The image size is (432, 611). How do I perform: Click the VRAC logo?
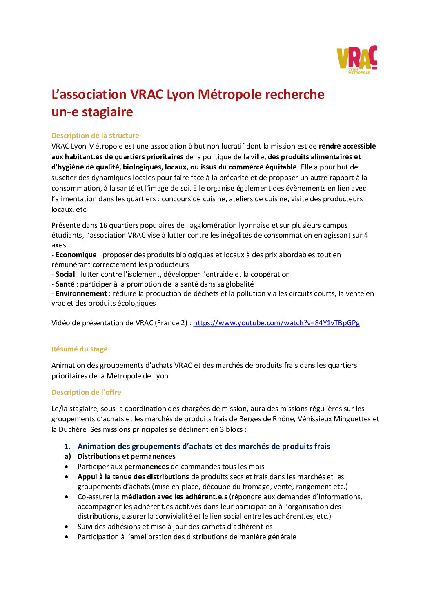356,60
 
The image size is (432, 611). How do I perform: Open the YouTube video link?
276,323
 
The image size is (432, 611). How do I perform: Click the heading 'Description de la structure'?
95,136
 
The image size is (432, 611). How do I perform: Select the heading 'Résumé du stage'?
80,349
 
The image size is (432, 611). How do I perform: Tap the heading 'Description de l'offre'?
86,392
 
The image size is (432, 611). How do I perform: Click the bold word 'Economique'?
76,255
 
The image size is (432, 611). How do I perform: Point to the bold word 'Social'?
65,274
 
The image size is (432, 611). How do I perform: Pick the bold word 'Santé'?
65,284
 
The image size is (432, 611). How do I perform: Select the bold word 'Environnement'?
81,293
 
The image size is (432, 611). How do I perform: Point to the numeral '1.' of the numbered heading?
68,447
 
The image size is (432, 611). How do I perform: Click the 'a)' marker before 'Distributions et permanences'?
68,456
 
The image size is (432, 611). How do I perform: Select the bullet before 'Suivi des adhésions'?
67,527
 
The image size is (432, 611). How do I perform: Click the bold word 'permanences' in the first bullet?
146,467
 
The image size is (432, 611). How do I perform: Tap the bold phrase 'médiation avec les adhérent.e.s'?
174,497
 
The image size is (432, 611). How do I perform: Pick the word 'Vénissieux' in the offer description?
315,419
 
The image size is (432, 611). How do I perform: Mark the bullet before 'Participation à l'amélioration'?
67,537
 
